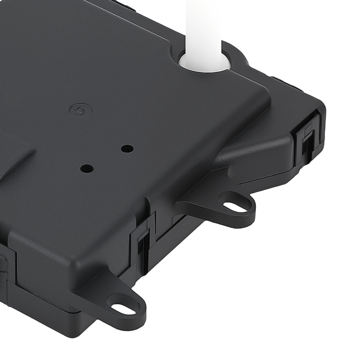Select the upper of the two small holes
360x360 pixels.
click(127, 148)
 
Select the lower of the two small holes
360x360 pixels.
click(87, 168)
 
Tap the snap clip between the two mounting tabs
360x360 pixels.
click(144, 245)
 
